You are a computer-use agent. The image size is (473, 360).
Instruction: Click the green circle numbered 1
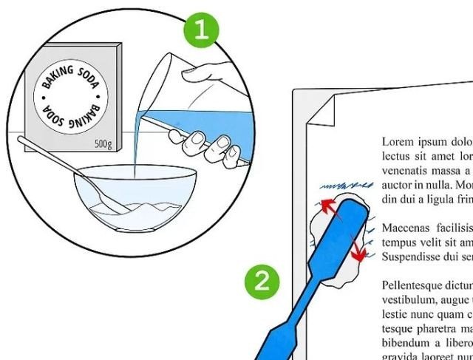[x=203, y=30]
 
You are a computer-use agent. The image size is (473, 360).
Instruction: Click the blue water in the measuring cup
[x=200, y=111]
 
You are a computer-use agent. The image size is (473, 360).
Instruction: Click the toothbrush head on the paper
[x=354, y=222]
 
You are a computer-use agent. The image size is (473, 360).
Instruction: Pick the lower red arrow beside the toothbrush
[x=359, y=248]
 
